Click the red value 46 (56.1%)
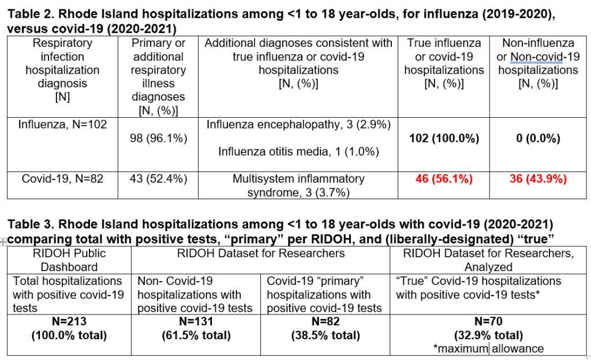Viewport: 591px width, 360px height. (444, 178)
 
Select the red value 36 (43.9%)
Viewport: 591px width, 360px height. (538, 178)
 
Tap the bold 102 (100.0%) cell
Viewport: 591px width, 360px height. (444, 138)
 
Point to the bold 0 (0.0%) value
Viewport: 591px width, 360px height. (538, 138)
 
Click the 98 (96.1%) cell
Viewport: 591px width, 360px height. (158, 138)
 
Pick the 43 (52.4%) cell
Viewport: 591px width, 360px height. (158, 178)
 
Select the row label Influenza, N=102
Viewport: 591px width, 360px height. (62, 124)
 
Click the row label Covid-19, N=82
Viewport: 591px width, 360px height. (62, 178)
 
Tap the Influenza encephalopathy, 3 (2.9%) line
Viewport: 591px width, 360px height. (298, 124)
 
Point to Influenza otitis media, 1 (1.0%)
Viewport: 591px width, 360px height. (298, 151)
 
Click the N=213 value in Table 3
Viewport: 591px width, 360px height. (69, 321)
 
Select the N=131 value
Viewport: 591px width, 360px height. (196, 321)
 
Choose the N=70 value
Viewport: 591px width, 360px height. (488, 321)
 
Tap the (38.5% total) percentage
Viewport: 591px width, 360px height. (326, 335)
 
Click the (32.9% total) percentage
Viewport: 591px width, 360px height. (488, 335)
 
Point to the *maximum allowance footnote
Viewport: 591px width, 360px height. (488, 348)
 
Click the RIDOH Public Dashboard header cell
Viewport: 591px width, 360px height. (69, 260)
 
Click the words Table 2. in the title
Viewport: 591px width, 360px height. (31, 14)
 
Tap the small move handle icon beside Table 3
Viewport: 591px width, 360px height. (3, 242)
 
